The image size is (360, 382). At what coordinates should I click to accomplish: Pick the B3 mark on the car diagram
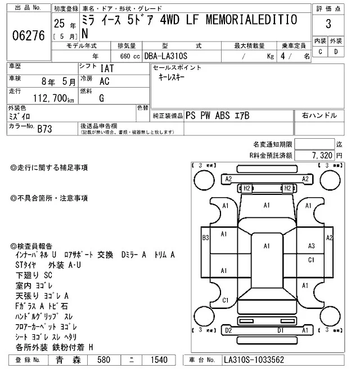(205, 237)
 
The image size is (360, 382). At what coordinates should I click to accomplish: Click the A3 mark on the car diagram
(311, 245)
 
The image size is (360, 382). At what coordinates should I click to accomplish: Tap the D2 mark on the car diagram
(228, 331)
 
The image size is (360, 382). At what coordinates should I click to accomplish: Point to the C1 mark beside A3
(311, 260)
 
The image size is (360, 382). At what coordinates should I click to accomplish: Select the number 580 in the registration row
(105, 360)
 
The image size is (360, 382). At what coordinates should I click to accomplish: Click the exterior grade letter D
(336, 52)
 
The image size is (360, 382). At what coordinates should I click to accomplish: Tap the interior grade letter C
(321, 52)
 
